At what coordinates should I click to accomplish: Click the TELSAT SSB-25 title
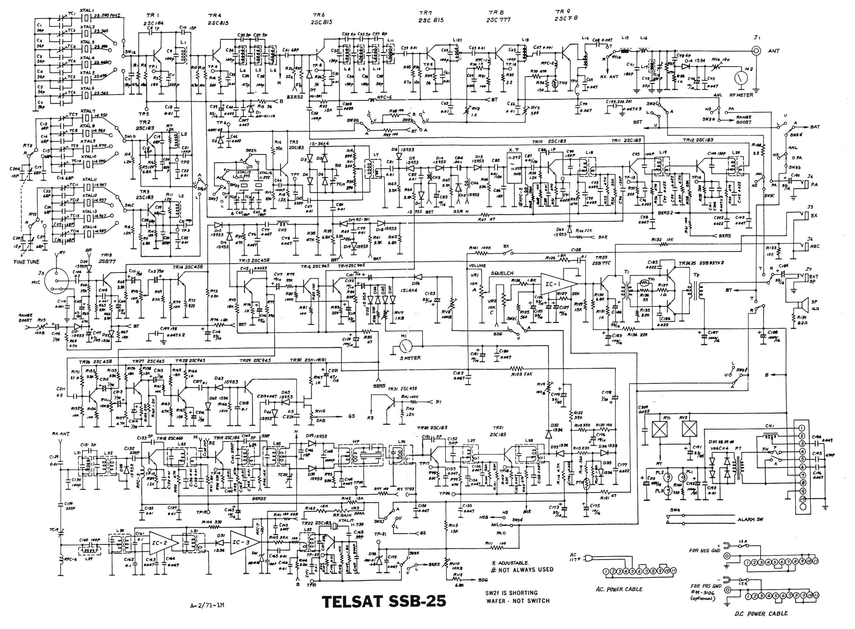pyautogui.click(x=384, y=601)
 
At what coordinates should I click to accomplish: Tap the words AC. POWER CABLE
pyautogui.click(x=619, y=589)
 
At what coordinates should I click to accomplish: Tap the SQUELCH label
pyautogui.click(x=502, y=273)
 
